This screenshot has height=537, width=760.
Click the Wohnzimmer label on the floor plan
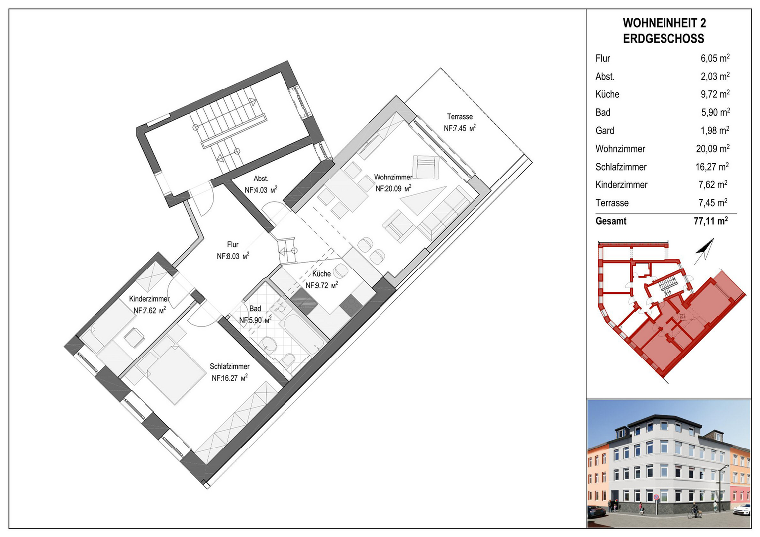[393, 177]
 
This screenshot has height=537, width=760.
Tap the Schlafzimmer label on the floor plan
[230, 367]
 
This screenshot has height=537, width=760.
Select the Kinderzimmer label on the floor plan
[149, 299]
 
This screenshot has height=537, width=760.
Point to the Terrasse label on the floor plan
[460, 117]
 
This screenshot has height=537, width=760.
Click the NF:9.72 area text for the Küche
[322, 285]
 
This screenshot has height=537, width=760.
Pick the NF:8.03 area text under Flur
[233, 256]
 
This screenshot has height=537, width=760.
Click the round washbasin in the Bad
[270, 344]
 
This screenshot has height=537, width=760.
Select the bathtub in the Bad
[301, 330]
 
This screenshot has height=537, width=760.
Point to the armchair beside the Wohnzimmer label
[425, 167]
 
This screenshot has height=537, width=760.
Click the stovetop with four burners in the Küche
[351, 305]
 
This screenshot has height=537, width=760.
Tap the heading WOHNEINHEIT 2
[664, 23]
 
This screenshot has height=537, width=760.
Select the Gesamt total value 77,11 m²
[711, 221]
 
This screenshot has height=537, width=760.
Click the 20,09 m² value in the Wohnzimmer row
[715, 149]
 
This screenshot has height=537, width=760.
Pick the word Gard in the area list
[605, 131]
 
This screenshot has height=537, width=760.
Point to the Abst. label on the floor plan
[261, 179]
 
